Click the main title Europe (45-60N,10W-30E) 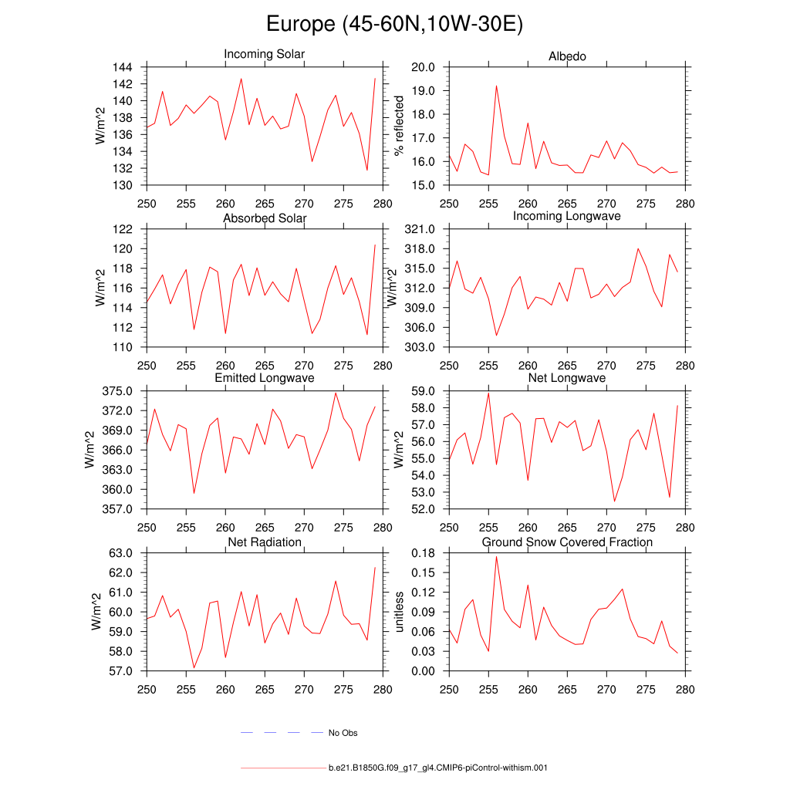[x=394, y=24]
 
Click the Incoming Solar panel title [x=264, y=54]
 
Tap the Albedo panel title [x=567, y=56]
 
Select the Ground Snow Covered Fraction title [x=567, y=542]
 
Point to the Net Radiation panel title [x=264, y=542]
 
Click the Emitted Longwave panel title [x=264, y=378]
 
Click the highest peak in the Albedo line [x=496, y=86]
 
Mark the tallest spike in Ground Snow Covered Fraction [x=496, y=557]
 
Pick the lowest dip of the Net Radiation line [x=194, y=667]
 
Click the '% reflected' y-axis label [x=399, y=126]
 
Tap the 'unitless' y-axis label [x=399, y=612]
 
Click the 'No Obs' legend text [x=343, y=733]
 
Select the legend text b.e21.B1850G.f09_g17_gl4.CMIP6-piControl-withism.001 [x=437, y=768]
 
